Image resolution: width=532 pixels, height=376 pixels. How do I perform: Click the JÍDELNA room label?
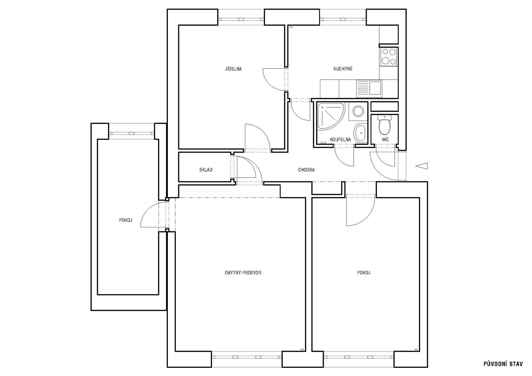tap(233, 69)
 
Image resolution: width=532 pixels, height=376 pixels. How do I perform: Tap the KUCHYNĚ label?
tap(343, 69)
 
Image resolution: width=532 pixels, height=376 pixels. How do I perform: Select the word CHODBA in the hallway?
tap(306, 170)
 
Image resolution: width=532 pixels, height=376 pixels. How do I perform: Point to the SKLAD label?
tap(206, 170)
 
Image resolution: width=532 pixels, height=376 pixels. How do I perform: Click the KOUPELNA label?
tap(340, 140)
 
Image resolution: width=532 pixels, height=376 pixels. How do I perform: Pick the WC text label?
tap(385, 140)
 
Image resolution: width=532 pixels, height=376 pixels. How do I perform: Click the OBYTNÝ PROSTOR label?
tap(243, 273)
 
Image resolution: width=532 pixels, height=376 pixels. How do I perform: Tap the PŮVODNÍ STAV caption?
tap(503, 364)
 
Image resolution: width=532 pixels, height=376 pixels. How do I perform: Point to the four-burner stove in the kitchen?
tap(389, 57)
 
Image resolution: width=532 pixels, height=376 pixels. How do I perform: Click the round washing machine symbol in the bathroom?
tap(358, 111)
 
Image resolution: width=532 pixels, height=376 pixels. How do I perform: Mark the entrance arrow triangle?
tap(422, 166)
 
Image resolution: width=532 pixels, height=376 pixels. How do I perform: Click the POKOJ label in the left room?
tap(126, 220)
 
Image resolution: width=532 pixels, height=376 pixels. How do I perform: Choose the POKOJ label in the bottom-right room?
tap(364, 273)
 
